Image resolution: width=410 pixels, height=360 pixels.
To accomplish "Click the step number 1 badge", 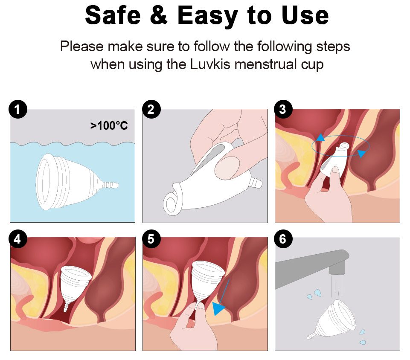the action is (18, 109).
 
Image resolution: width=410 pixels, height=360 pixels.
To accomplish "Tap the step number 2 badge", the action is (151, 109).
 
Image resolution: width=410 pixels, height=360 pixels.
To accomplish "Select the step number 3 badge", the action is (283, 109).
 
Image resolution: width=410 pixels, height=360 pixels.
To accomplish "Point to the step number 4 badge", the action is (18, 239).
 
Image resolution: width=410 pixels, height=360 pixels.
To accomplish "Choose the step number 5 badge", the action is (151, 239).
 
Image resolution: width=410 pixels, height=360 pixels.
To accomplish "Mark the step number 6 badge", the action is (283, 239).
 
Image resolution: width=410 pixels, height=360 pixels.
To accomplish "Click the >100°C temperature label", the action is (109, 126).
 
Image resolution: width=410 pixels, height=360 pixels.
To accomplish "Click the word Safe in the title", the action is (113, 15).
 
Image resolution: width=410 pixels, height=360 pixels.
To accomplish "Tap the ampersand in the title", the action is (159, 15).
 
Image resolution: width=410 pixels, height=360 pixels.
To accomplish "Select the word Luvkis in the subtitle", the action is (210, 64).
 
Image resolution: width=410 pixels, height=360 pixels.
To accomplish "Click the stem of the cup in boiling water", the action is (109, 185).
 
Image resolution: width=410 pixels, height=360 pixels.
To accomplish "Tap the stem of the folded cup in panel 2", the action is (256, 182).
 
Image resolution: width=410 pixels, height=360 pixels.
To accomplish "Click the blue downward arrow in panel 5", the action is (221, 298).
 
